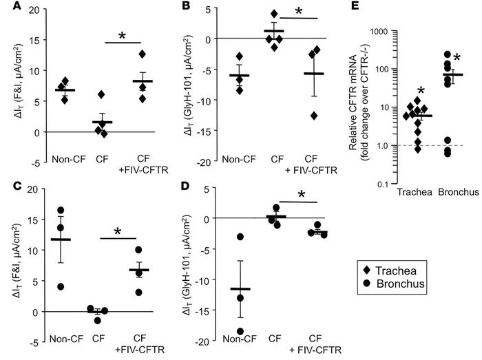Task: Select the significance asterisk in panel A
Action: tap(120, 35)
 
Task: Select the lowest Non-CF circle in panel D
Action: tap(238, 331)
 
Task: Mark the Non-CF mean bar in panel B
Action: tap(240, 75)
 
